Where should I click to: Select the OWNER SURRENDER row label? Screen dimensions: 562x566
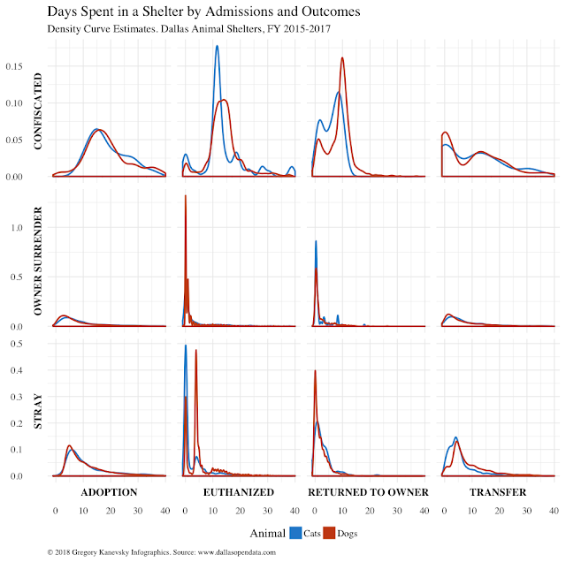(38, 259)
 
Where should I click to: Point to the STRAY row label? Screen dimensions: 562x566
(38, 411)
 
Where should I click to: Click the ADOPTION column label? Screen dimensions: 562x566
(109, 492)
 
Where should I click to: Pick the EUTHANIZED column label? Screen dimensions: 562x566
(239, 492)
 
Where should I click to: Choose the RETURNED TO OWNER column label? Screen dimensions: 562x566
(368, 492)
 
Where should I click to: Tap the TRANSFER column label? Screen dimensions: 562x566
(497, 492)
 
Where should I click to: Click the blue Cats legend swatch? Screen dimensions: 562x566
(294, 533)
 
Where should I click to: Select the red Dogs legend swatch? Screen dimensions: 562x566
(334, 533)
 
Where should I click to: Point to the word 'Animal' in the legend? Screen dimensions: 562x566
(267, 533)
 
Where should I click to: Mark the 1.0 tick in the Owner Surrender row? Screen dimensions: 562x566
(41, 228)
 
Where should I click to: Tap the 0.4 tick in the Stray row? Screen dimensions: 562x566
(41, 370)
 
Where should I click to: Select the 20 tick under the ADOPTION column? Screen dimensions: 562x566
(110, 512)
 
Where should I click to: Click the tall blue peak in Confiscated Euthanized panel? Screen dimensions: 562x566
(217, 48)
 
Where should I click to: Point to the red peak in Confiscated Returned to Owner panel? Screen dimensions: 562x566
(342, 59)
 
